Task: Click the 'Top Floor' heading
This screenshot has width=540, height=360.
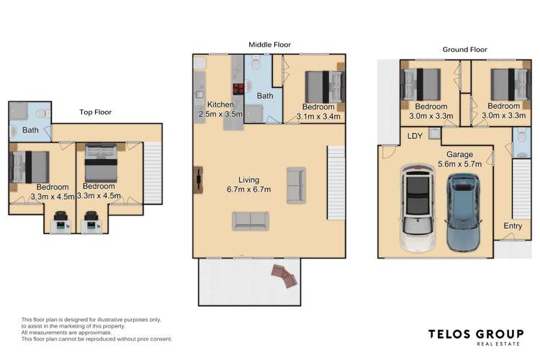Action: [x=95, y=112]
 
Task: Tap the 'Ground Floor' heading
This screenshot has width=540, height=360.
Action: [x=464, y=50]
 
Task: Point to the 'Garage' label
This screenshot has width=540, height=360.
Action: [x=459, y=154]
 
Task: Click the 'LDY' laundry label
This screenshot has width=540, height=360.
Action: [x=415, y=136]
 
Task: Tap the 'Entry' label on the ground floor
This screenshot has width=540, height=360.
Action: [x=513, y=227]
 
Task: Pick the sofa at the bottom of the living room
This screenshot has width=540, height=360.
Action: [x=250, y=221]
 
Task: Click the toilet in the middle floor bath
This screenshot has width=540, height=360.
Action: [x=257, y=66]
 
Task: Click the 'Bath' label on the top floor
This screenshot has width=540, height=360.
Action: [x=30, y=130]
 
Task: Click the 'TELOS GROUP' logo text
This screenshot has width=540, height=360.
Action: [x=476, y=333]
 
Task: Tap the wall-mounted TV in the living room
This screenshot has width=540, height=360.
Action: [x=196, y=180]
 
